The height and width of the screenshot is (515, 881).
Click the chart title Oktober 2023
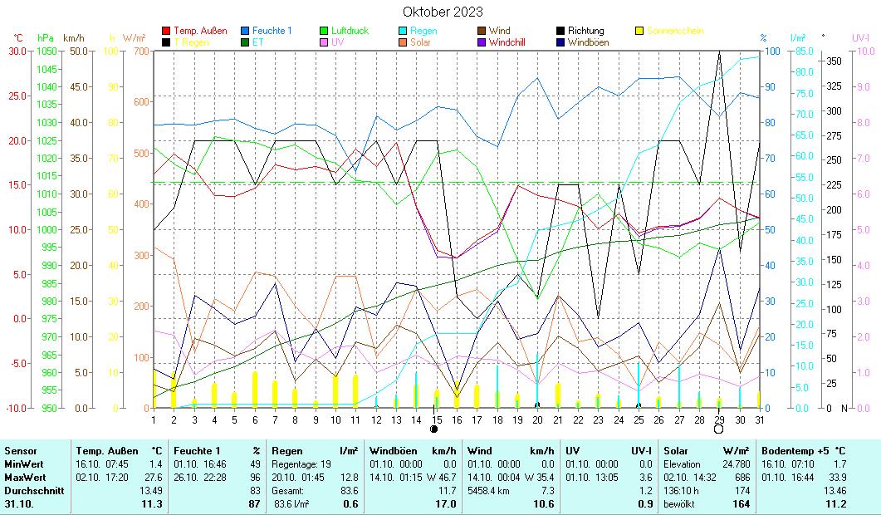pyautogui.click(x=443, y=12)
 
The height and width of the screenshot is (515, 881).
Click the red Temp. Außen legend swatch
pyautogui.click(x=167, y=31)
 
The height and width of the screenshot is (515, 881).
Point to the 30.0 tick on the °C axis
pyautogui.click(x=17, y=51)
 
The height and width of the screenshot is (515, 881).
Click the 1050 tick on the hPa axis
pyautogui.click(x=46, y=51)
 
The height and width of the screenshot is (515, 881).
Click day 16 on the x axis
pyautogui.click(x=456, y=419)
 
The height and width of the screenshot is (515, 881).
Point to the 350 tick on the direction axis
pyautogui.click(x=834, y=61)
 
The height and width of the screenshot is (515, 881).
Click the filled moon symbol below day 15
pyautogui.click(x=434, y=429)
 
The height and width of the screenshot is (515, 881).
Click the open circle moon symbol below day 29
pyautogui.click(x=718, y=429)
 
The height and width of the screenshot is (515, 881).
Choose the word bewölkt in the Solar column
pyautogui.click(x=677, y=503)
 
